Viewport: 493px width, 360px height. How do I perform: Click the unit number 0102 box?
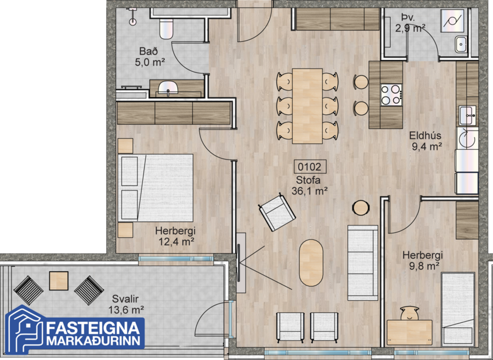point(311,167)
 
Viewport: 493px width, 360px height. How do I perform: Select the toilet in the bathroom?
point(166,28)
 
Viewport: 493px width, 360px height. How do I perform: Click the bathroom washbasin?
point(168,89)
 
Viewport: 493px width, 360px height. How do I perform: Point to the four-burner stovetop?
point(391,95)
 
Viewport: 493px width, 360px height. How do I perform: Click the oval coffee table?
point(312,263)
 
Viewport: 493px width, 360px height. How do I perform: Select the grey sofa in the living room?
point(363,262)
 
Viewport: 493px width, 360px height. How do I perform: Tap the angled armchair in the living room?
point(277,211)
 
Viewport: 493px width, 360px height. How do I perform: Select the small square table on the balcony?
point(59,281)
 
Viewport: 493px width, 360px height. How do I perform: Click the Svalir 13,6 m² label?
point(125,304)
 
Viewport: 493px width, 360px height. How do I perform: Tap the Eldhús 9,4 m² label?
point(427,141)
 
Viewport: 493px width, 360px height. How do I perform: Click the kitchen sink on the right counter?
point(467,115)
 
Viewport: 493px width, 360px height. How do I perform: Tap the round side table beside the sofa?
point(361,207)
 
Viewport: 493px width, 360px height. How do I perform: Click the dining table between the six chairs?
point(307,106)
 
